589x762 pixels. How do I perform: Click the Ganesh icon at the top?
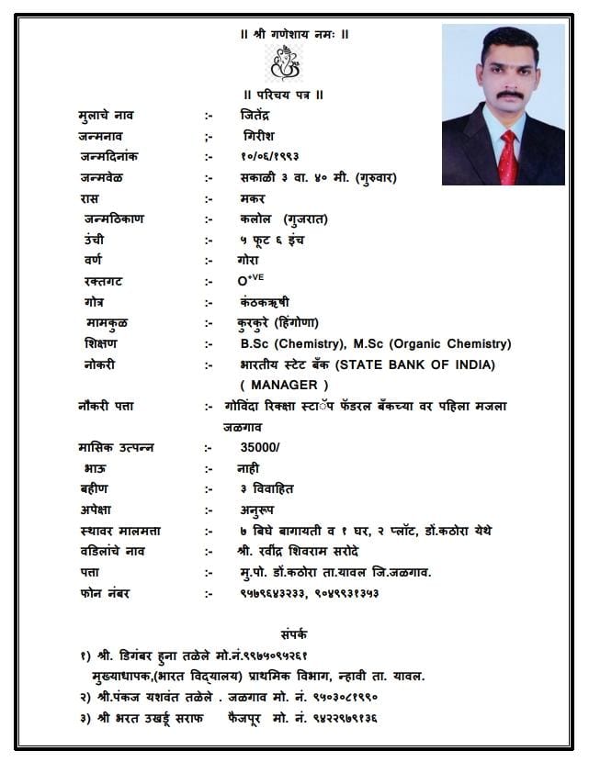pos(284,64)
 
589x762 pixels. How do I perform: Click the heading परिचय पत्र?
pos(287,95)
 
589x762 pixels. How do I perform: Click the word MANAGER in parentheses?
pos(284,385)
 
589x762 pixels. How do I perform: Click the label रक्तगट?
pos(102,281)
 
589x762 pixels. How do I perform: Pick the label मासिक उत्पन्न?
pos(117,447)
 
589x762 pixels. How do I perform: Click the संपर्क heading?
pos(294,633)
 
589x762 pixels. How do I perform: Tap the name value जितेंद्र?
pos(254,115)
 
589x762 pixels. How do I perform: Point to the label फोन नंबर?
pos(105,593)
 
